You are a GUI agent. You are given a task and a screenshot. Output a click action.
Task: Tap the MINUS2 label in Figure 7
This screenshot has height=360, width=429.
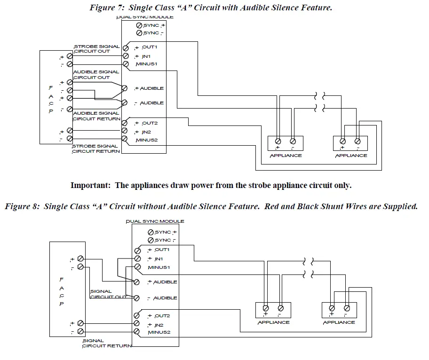(146, 140)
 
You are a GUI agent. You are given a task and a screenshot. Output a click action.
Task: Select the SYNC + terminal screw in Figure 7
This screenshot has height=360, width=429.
(140, 25)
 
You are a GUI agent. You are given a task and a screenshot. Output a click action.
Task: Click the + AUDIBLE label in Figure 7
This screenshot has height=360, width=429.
(149, 88)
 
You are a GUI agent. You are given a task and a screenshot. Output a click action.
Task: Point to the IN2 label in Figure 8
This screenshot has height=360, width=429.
(157, 324)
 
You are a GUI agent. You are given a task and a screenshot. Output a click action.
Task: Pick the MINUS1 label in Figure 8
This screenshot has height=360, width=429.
(159, 267)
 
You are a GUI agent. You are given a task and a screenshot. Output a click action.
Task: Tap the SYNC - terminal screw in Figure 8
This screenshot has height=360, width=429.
(151, 240)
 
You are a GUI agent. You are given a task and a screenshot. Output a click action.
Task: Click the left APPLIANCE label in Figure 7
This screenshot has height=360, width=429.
(286, 156)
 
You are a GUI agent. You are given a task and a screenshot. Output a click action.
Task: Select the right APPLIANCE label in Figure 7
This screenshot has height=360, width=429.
(351, 156)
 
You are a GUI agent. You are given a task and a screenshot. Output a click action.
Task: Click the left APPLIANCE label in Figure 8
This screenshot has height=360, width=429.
(274, 322)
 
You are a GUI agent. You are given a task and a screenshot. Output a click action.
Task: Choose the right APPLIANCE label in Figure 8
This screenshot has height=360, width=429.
(339, 322)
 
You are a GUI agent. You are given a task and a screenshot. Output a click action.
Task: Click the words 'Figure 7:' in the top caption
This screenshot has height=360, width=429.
(106, 8)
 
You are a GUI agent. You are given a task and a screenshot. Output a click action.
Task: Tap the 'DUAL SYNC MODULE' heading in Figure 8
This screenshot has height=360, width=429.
(155, 221)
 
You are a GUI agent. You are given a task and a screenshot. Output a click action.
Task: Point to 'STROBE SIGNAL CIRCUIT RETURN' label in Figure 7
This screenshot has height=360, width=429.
(95, 149)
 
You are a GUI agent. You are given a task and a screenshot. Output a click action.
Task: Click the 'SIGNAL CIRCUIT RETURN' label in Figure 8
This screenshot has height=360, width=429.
(107, 344)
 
